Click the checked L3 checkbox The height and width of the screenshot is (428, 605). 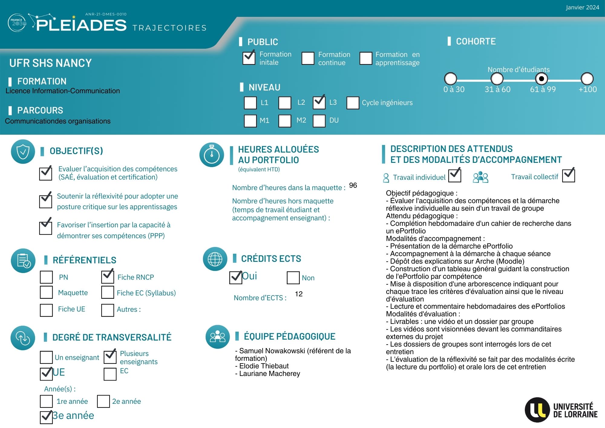319,103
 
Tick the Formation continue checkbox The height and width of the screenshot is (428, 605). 308,58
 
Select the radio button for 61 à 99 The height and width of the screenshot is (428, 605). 541,79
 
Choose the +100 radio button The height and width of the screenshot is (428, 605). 587,79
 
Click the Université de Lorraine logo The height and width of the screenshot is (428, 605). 561,410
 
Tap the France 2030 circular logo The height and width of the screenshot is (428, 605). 17,23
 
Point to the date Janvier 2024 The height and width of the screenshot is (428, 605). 582,8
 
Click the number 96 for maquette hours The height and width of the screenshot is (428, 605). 353,185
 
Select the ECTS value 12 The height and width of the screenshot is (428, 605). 299,294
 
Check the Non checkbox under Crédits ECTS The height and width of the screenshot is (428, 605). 293,278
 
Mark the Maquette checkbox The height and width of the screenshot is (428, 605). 46,292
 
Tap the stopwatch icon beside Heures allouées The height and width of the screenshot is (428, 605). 212,155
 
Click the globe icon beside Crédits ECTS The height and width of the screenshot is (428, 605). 215,259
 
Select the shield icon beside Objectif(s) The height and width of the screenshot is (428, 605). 23,152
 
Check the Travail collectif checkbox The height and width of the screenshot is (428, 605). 568,176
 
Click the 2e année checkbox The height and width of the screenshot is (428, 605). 103,401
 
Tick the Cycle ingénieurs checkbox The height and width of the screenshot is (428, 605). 353,103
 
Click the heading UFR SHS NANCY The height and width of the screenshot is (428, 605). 51,63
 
